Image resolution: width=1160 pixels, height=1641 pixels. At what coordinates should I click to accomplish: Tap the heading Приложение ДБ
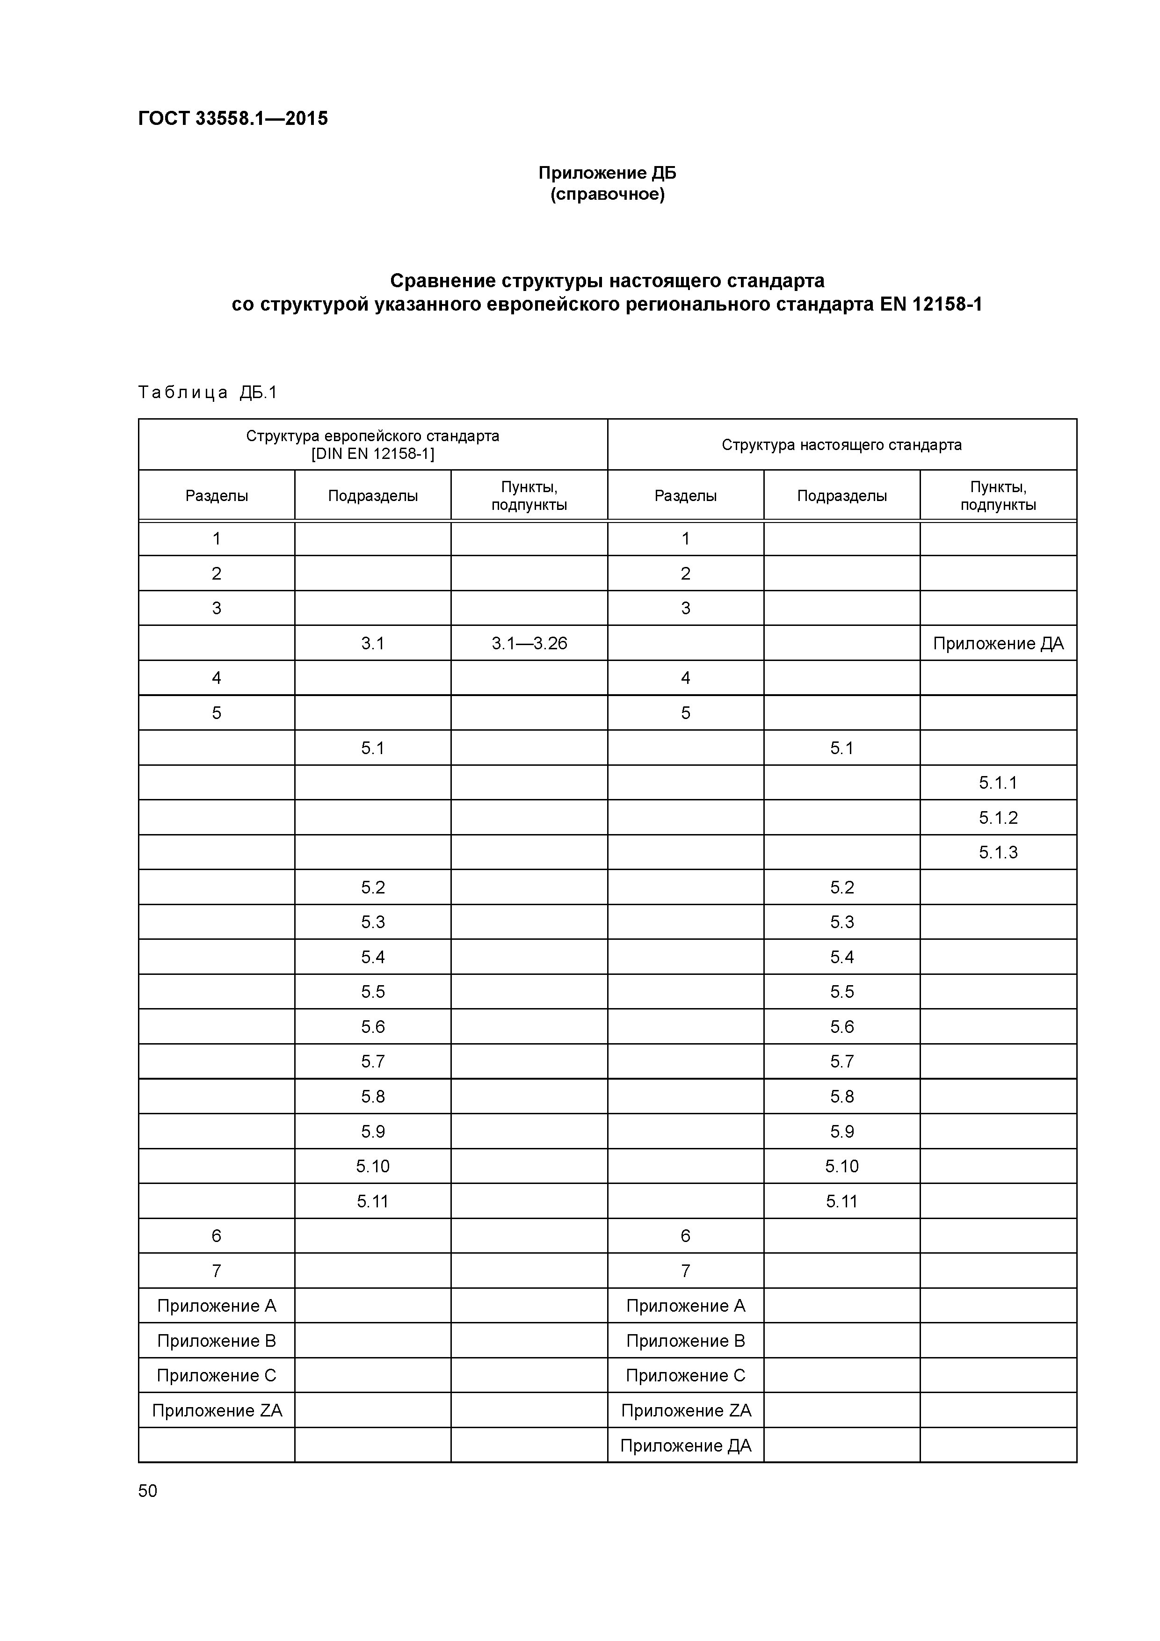click(x=607, y=173)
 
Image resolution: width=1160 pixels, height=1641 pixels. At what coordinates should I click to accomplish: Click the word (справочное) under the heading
click(x=607, y=195)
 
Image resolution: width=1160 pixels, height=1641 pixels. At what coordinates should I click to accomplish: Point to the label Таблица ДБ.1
click(x=207, y=392)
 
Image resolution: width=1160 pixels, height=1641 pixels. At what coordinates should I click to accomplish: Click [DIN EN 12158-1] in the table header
click(x=372, y=454)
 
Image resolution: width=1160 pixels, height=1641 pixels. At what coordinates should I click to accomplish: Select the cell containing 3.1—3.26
click(x=529, y=643)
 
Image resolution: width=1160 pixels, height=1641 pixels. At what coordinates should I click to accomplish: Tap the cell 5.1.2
click(x=998, y=818)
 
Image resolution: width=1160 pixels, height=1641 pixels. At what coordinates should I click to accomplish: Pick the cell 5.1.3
click(x=998, y=852)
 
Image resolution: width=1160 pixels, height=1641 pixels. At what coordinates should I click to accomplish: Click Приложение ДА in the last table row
click(x=685, y=1445)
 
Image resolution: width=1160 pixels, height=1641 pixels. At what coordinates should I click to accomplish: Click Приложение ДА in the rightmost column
click(x=998, y=643)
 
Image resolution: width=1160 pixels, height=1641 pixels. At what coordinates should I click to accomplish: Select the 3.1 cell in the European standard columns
click(x=372, y=643)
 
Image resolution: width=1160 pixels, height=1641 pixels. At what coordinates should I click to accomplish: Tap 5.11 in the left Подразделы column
click(x=372, y=1201)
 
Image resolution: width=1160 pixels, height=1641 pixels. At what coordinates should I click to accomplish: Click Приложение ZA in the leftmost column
click(x=217, y=1410)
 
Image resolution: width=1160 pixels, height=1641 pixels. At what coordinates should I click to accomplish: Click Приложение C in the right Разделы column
click(x=685, y=1375)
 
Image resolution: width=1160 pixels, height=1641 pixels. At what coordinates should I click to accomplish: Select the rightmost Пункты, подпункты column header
click(x=998, y=495)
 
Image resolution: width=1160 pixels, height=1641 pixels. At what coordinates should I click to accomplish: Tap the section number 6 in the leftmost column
click(x=217, y=1236)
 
